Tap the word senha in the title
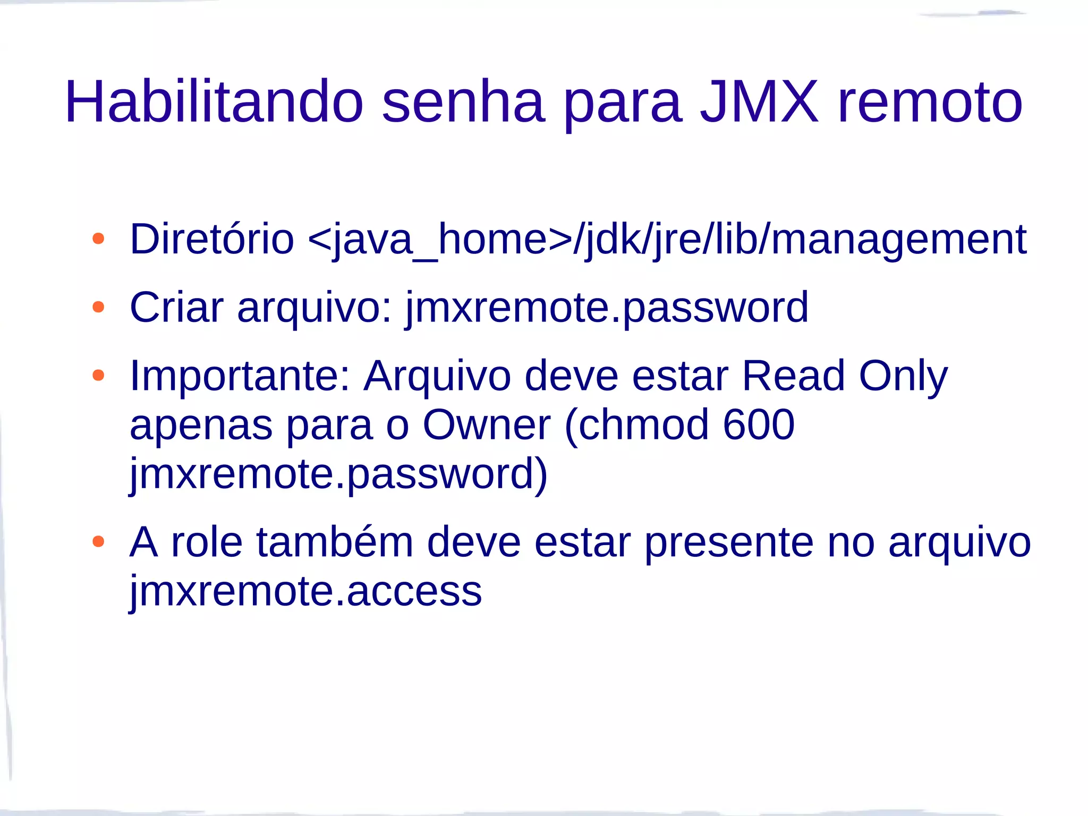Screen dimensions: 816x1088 click(463, 101)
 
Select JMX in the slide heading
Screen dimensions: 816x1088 click(759, 101)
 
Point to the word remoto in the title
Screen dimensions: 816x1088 click(930, 101)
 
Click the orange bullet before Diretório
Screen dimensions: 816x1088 click(98, 239)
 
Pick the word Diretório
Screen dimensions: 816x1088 click(211, 239)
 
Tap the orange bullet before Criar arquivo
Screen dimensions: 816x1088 click(98, 307)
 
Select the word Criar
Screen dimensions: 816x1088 click(176, 307)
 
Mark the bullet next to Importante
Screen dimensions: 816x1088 click(98, 376)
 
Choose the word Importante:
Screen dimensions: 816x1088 click(240, 376)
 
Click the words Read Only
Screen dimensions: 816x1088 click(844, 376)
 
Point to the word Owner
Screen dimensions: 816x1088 click(486, 425)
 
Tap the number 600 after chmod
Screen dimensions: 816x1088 click(759, 425)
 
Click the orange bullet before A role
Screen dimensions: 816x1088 click(98, 542)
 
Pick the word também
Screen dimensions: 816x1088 click(335, 542)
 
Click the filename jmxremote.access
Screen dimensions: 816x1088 click(306, 591)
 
